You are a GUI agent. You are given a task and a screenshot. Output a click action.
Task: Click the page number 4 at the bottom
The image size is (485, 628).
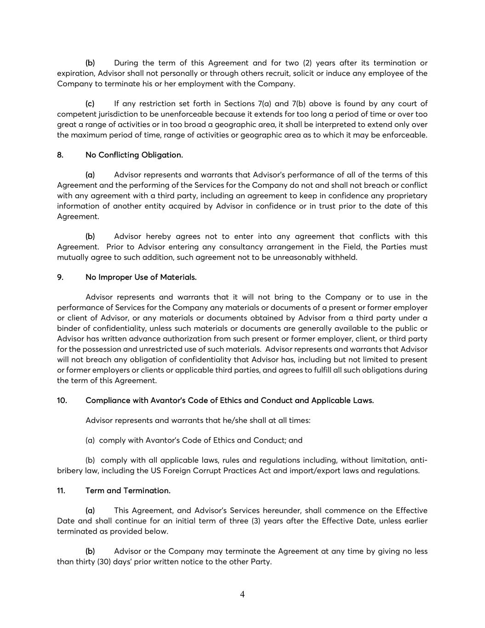pos(242,594)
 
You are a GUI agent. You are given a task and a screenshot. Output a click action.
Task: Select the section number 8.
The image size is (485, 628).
pos(60,155)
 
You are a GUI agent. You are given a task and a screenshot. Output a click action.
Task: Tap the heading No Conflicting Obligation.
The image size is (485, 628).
pos(134,155)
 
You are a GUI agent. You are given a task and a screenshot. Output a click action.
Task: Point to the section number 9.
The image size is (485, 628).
pos(60,277)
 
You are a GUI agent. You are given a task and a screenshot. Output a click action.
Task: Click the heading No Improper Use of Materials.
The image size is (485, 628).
pos(141,277)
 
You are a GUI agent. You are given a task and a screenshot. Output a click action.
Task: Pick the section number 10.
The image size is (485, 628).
pos(62,400)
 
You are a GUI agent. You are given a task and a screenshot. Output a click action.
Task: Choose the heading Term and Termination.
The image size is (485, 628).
pos(128,491)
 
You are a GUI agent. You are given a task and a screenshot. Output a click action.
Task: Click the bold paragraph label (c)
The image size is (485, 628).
pos(90,104)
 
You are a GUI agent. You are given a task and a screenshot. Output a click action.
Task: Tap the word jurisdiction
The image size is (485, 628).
pos(111,114)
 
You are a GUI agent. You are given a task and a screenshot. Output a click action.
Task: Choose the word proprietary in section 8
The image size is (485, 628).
pos(405,196)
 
